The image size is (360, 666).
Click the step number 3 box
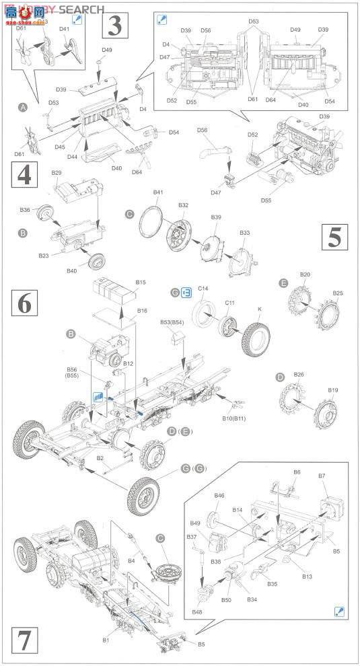click(x=114, y=28)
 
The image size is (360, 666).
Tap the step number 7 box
click(x=24, y=640)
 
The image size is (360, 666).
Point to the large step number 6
click(x=24, y=304)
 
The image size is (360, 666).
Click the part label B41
click(x=157, y=192)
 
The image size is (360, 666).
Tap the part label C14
click(x=203, y=288)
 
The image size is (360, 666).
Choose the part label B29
click(x=57, y=173)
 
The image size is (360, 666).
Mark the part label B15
click(x=141, y=283)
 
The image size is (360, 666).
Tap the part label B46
click(x=219, y=496)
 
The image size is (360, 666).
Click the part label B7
click(x=322, y=476)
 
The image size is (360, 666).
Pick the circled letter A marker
click(x=24, y=108)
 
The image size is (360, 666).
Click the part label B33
click(x=244, y=233)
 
